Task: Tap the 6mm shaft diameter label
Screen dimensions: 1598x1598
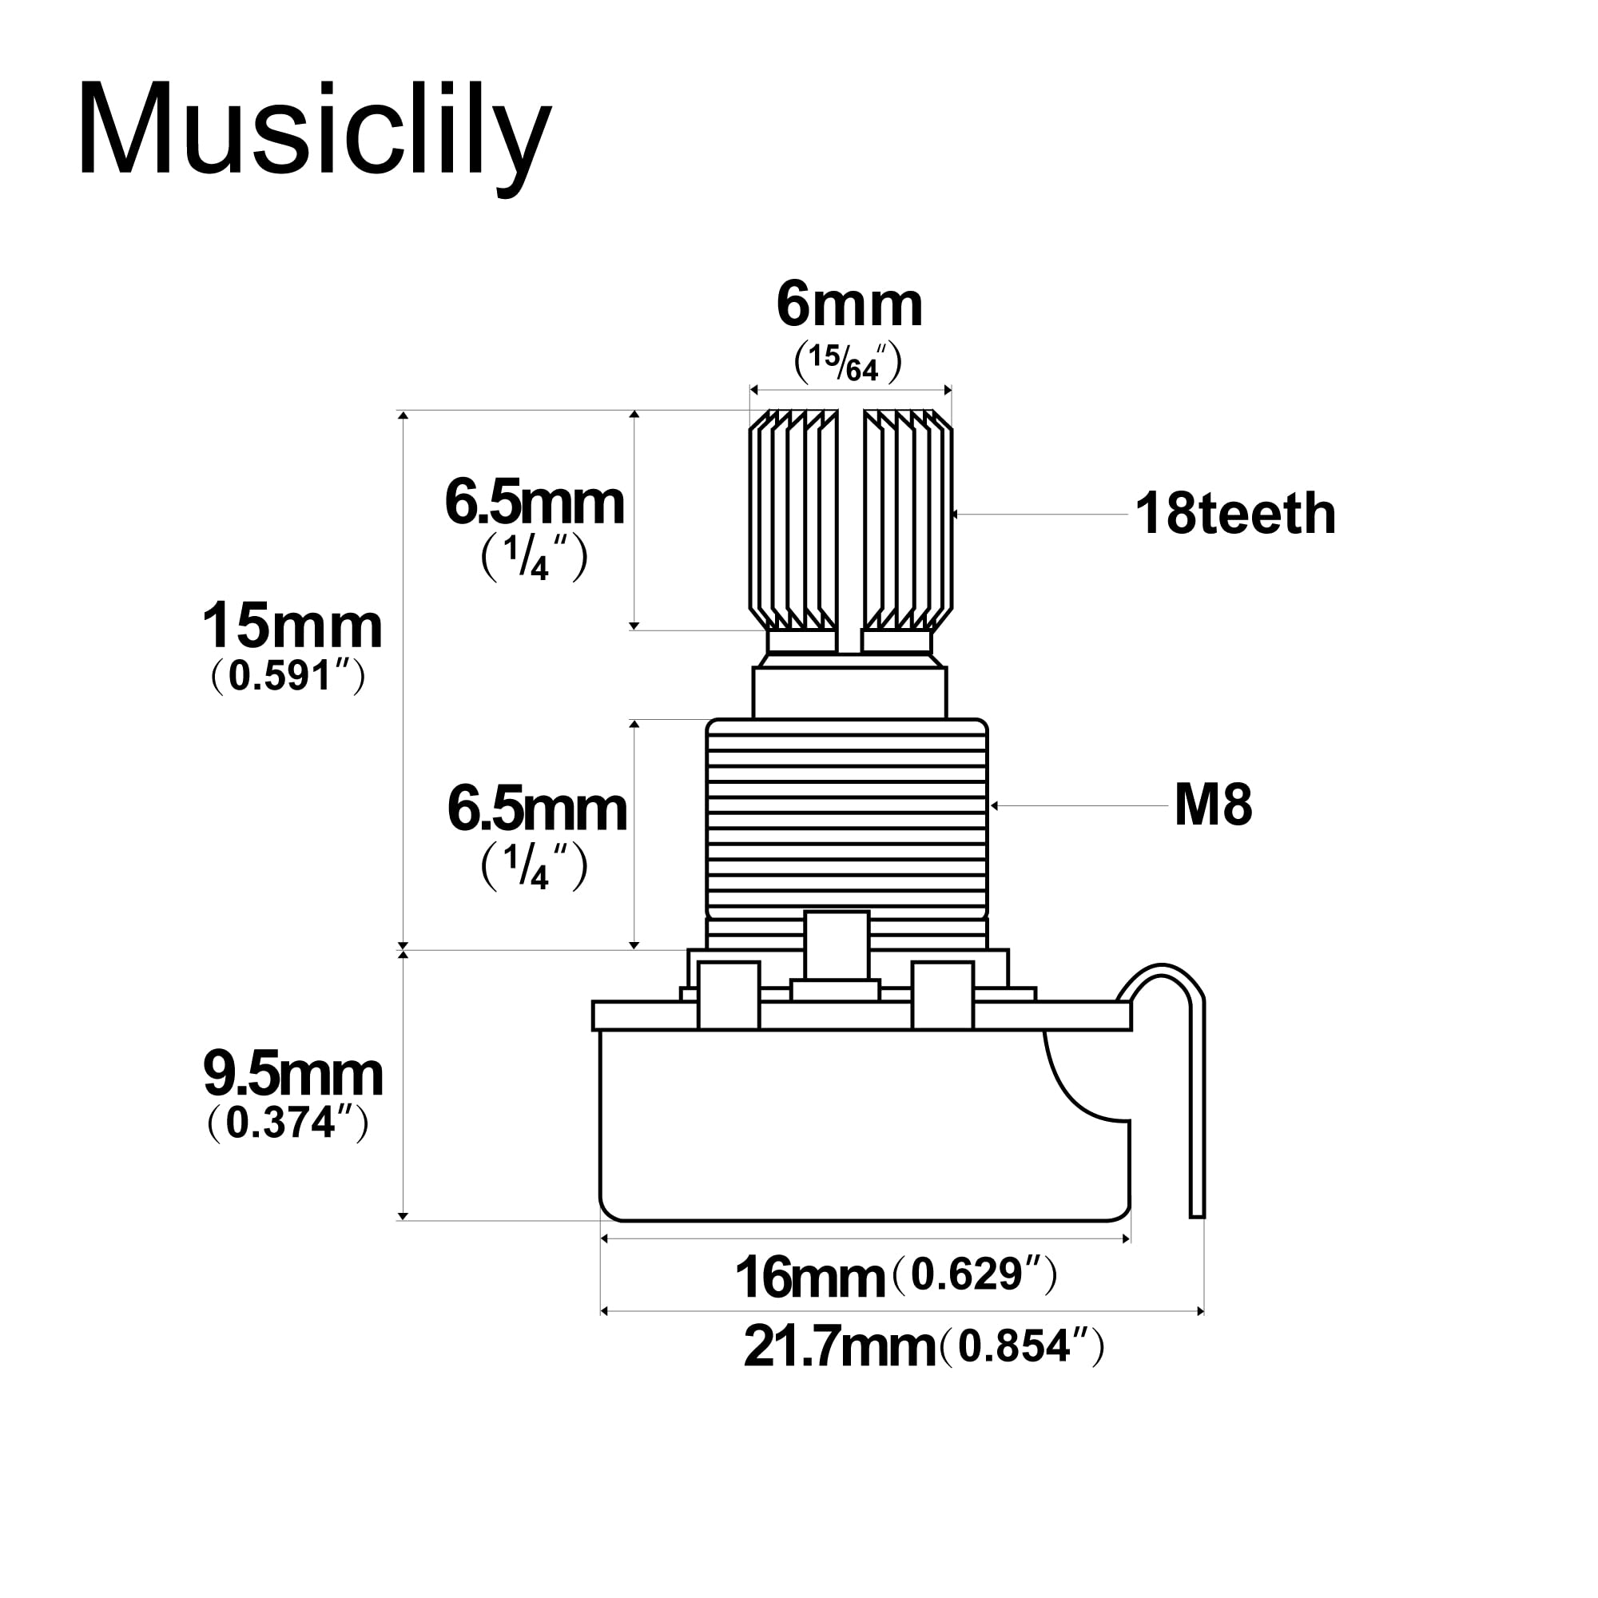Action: point(849,305)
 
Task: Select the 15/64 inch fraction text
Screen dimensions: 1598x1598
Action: point(848,363)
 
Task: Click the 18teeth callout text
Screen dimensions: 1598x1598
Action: point(1236,514)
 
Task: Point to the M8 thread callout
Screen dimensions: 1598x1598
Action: point(1214,805)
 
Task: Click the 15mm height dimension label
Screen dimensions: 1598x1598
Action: point(292,626)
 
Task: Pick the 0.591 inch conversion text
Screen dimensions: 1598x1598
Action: point(288,677)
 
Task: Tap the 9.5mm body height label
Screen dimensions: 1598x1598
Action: point(292,1075)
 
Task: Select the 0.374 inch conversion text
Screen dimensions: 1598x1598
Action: point(287,1123)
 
